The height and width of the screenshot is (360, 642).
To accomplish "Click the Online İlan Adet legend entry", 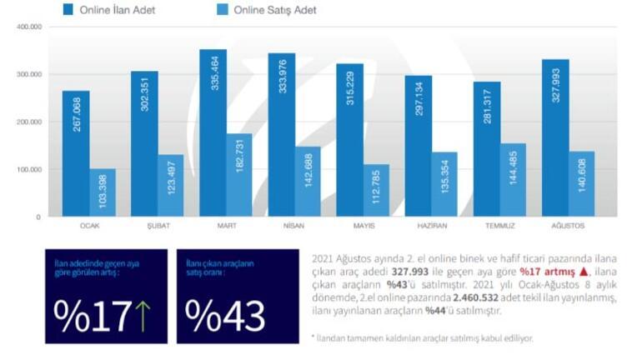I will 116,10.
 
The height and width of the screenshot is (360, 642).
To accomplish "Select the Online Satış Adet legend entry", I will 266,10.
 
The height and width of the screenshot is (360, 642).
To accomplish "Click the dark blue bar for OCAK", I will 76,154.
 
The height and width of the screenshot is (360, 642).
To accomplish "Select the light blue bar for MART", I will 240,175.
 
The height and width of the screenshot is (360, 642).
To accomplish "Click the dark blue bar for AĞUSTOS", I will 555,138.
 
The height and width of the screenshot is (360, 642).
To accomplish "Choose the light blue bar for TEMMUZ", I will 514,180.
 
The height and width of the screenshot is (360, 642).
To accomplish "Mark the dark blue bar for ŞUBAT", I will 144,144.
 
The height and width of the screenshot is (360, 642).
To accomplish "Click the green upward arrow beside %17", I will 143,315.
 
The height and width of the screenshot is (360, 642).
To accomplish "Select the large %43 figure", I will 225,315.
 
